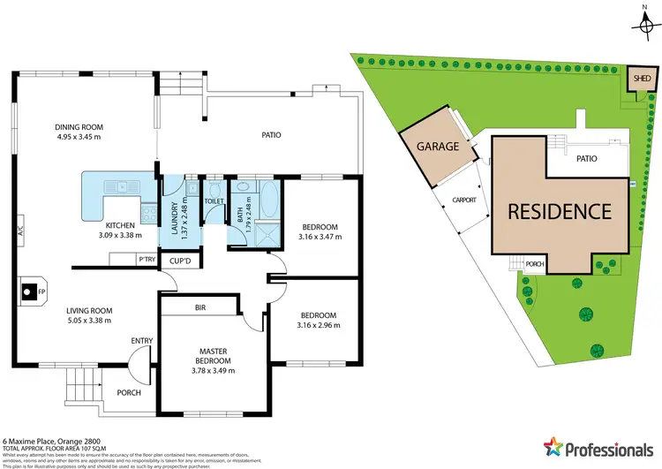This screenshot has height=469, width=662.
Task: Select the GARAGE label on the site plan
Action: tap(439, 147)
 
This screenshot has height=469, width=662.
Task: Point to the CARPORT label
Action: tap(464, 200)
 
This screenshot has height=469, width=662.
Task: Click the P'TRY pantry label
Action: tap(147, 259)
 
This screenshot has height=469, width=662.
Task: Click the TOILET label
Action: tap(214, 201)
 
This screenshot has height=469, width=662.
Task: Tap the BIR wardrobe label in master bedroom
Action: tap(200, 306)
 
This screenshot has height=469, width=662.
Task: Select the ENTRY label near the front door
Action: tap(142, 340)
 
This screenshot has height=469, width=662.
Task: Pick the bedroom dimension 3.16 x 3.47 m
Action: tap(318, 237)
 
